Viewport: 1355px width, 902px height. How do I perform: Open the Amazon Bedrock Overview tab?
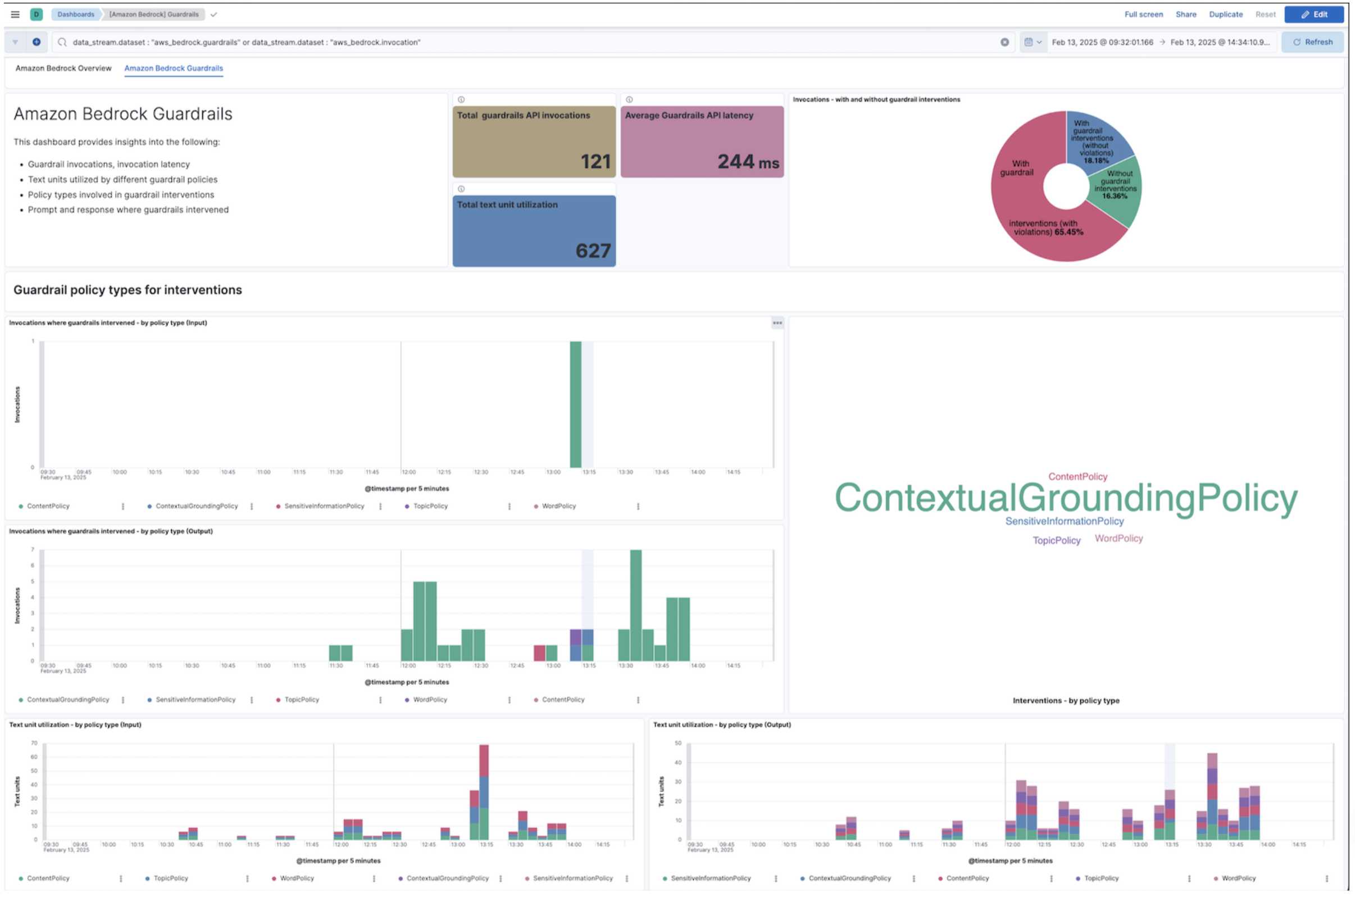(63, 69)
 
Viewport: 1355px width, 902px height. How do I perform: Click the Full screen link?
(1143, 15)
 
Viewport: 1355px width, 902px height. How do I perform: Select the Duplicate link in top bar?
(1225, 15)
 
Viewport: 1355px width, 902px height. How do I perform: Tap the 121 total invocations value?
(595, 162)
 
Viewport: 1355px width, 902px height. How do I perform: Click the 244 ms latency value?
(747, 162)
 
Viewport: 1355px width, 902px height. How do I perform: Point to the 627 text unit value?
(593, 251)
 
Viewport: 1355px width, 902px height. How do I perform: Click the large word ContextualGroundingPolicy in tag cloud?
(1066, 498)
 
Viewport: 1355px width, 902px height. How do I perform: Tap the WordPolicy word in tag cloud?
(1118, 539)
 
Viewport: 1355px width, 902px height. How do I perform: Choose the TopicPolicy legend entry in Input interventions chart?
(430, 506)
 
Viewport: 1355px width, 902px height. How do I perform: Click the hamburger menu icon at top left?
(15, 15)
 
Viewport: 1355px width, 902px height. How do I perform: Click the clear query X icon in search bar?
(1004, 42)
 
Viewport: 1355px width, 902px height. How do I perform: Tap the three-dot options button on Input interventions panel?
(777, 324)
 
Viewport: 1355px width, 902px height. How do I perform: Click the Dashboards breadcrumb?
(75, 15)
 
